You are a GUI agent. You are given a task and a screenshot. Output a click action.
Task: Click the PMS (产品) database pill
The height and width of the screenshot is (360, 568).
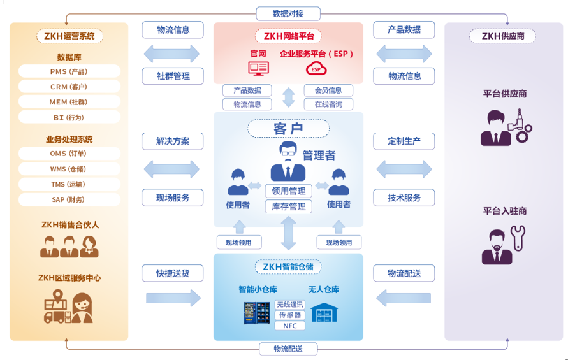tap(69, 71)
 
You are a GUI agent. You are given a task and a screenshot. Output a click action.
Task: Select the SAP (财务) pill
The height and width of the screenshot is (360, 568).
tap(69, 199)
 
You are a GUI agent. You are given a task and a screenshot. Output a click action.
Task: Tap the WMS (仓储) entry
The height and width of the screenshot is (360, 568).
tap(69, 169)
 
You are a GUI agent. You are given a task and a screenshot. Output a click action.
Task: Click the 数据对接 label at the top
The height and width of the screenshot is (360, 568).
tap(288, 13)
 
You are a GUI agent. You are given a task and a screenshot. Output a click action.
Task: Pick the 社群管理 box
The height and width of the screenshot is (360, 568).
tap(173, 76)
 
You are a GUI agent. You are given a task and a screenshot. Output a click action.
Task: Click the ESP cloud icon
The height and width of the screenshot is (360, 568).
tap(316, 68)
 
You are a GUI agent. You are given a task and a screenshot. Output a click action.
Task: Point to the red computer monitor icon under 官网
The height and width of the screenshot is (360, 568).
tap(258, 67)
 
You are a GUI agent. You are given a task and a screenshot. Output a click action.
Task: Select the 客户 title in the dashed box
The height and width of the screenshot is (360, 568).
tap(288, 129)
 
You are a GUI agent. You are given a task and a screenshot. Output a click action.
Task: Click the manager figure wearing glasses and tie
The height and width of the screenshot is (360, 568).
tap(288, 162)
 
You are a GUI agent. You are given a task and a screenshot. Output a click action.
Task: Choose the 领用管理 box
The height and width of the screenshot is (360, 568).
tap(289, 191)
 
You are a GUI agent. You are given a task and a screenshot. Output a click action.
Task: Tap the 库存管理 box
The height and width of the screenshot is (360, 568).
tap(289, 206)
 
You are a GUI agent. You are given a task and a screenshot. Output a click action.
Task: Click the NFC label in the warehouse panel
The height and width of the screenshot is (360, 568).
tap(289, 326)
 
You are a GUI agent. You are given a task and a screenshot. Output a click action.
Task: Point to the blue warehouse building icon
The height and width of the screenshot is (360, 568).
tap(323, 312)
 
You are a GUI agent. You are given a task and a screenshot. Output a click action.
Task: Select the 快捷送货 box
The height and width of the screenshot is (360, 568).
tap(173, 273)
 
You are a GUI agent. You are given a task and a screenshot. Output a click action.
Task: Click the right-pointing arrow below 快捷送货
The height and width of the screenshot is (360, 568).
tap(173, 298)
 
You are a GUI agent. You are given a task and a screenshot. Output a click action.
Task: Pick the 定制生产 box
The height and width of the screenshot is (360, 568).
tap(404, 141)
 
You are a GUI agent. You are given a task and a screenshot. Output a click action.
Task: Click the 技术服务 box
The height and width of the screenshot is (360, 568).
tap(404, 198)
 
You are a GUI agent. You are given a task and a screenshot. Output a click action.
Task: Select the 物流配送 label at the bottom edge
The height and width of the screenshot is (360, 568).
tap(288, 349)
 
